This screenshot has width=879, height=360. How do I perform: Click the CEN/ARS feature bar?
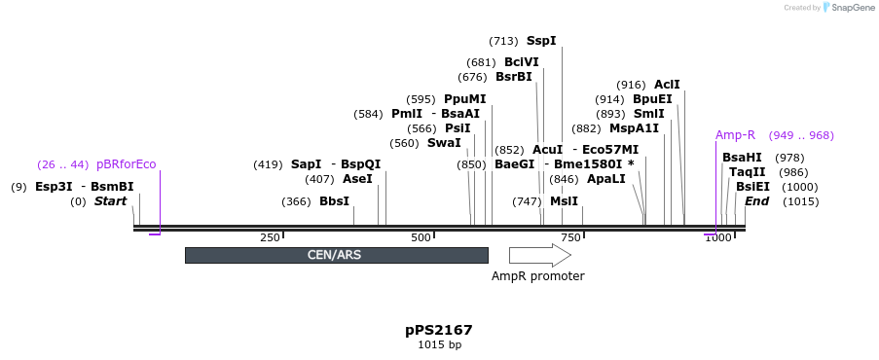pyautogui.click(x=336, y=255)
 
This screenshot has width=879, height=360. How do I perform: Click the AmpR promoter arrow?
pyautogui.click(x=539, y=255)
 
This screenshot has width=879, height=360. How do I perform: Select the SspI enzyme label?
pyautogui.click(x=541, y=41)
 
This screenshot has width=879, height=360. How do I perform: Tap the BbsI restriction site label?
pyautogui.click(x=334, y=201)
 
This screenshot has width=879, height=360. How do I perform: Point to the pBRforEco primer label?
pyautogui.click(x=126, y=163)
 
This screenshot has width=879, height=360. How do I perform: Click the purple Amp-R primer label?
pyautogui.click(x=735, y=135)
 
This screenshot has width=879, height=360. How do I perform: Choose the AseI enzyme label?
pyautogui.click(x=357, y=179)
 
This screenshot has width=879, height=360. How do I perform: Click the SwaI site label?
pyautogui.click(x=444, y=143)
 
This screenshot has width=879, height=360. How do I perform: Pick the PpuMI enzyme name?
pyautogui.click(x=464, y=99)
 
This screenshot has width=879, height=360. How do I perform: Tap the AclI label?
pyautogui.click(x=667, y=85)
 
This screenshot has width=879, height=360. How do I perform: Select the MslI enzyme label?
pyautogui.click(x=564, y=201)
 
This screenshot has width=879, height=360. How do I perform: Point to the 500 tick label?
pyautogui.click(x=421, y=237)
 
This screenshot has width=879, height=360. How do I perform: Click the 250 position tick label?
pyautogui.click(x=270, y=237)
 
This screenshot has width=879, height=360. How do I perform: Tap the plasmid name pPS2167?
pyautogui.click(x=439, y=330)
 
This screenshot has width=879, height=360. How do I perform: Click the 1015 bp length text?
pyautogui.click(x=439, y=344)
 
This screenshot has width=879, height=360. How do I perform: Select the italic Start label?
pyautogui.click(x=110, y=201)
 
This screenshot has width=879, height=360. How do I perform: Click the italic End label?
pyautogui.click(x=756, y=201)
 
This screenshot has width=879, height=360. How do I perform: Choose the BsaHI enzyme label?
pyautogui.click(x=742, y=158)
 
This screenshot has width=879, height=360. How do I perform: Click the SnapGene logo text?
pyautogui.click(x=851, y=8)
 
